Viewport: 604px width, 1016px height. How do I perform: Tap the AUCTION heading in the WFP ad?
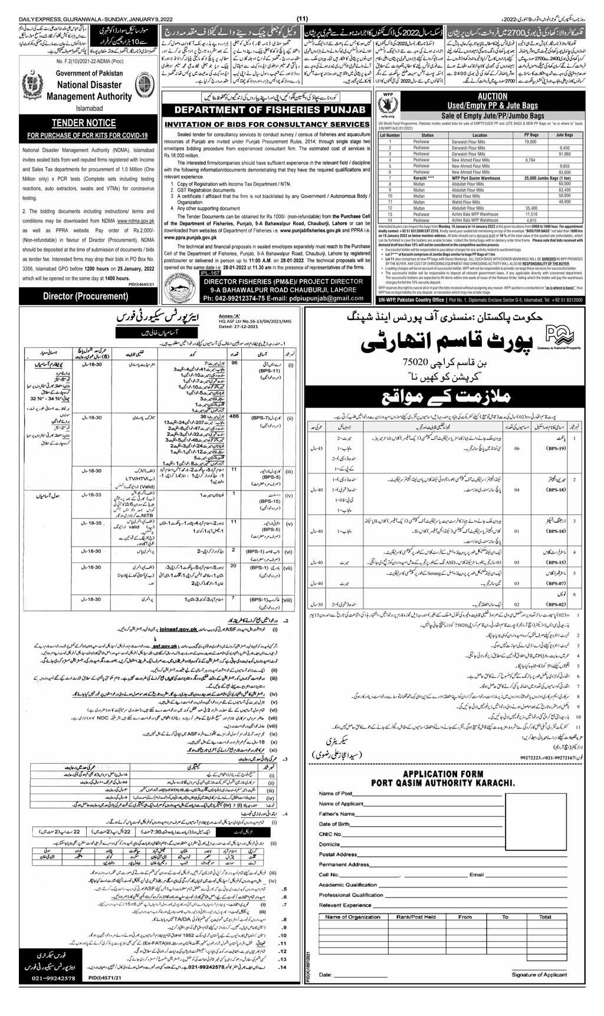493,96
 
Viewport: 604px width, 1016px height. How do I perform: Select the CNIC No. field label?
331,834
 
